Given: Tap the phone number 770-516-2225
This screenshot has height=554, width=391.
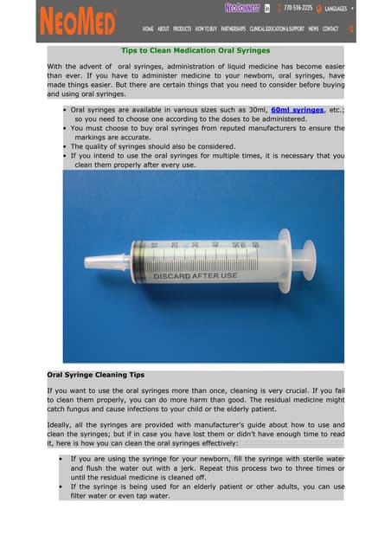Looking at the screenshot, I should [x=298, y=8].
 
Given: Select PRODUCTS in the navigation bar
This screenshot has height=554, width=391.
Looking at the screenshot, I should [x=182, y=29].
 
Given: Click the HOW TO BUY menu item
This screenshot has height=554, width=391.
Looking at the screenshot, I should [x=206, y=29].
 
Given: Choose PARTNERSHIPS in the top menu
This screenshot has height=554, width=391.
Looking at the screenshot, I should [x=234, y=29].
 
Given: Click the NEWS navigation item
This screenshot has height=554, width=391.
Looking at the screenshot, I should [x=313, y=29].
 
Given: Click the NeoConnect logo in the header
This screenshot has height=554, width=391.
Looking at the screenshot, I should [x=241, y=8].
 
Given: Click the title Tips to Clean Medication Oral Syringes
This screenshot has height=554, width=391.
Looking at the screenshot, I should [x=194, y=50].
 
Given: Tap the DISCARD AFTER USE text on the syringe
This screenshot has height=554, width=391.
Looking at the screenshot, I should [x=195, y=276].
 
